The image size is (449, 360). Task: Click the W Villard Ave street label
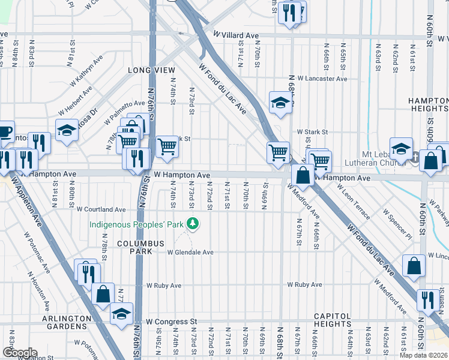click(x=235, y=36)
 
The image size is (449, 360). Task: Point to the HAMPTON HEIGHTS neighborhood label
click(x=427, y=104)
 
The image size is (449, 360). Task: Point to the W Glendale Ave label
click(x=190, y=253)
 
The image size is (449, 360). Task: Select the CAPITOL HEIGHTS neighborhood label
click(x=332, y=320)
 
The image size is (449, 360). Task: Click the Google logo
click(x=19, y=353)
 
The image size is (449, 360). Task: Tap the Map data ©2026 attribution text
click(x=423, y=355)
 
